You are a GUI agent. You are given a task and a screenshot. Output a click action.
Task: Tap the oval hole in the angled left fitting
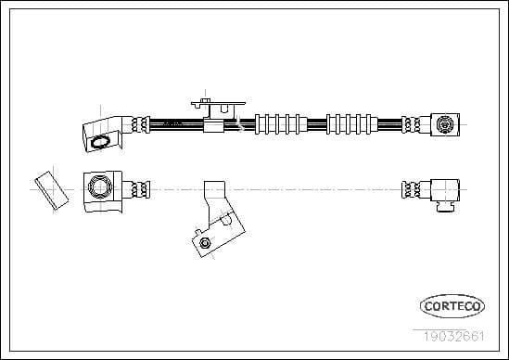tap(100, 141)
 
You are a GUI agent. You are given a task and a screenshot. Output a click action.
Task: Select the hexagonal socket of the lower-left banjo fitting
tap(98, 188)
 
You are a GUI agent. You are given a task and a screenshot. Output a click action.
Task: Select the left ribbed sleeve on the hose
tap(277, 123)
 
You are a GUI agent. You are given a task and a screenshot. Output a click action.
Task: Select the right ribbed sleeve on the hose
tap(349, 123)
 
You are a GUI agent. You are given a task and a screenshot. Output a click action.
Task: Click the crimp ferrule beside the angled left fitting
tap(139, 123)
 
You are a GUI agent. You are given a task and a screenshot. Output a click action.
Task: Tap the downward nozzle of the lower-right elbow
tap(446, 206)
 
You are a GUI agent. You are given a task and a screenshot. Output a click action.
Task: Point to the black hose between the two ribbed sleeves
tap(313, 123)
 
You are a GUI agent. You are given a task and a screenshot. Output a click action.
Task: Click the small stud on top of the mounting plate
tap(204, 96)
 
